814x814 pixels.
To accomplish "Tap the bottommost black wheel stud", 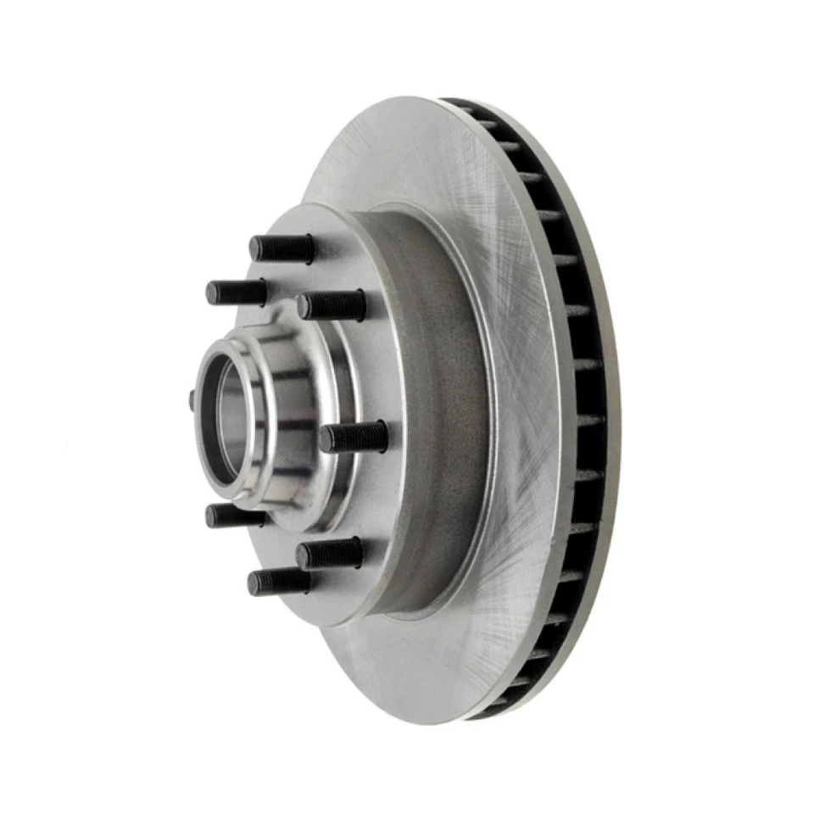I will click(278, 582).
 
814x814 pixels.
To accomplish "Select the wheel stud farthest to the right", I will click(354, 437).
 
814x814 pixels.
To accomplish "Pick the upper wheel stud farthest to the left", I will click(237, 293).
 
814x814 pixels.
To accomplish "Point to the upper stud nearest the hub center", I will click(332, 305).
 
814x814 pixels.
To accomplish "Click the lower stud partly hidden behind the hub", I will click(233, 515).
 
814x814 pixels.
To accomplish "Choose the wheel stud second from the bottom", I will click(329, 554).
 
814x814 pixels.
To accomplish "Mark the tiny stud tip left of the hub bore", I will click(192, 399).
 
